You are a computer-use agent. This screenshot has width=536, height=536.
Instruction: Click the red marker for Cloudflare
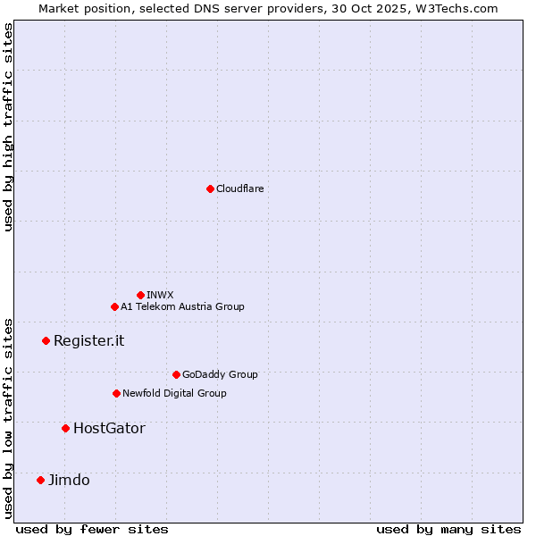pyautogui.click(x=210, y=188)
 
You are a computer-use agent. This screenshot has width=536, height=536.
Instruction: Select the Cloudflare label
pyautogui.click(x=239, y=188)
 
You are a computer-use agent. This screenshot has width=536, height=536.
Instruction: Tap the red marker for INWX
pyautogui.click(x=140, y=295)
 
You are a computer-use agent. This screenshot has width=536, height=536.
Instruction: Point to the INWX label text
pyautogui.click(x=160, y=295)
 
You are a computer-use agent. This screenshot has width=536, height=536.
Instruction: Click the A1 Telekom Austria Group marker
pyautogui.click(x=114, y=306)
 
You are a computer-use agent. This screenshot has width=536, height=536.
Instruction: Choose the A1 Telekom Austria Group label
pyautogui.click(x=182, y=306)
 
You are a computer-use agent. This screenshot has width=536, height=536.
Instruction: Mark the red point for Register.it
pyautogui.click(x=46, y=340)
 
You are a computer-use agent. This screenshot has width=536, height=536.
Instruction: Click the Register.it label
pyautogui.click(x=88, y=340)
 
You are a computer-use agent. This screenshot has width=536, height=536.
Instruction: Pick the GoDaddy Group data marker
pyautogui.click(x=176, y=374)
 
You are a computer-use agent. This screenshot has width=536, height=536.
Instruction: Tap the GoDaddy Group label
pyautogui.click(x=219, y=374)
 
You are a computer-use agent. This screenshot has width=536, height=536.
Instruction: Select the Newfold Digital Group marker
pyautogui.click(x=116, y=393)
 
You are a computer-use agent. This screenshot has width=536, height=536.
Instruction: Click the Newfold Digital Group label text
pyautogui.click(x=174, y=393)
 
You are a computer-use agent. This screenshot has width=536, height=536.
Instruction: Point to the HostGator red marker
pyautogui.click(x=65, y=428)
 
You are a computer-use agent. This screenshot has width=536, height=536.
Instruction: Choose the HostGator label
pyautogui.click(x=109, y=428)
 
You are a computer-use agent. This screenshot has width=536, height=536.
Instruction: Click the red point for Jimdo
pyautogui.click(x=40, y=480)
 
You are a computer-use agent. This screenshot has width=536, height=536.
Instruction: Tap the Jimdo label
pyautogui.click(x=69, y=480)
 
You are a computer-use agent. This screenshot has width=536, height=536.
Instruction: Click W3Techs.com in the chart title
pyautogui.click(x=459, y=8)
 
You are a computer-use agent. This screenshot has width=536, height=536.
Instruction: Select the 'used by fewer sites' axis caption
pyautogui.click(x=92, y=529)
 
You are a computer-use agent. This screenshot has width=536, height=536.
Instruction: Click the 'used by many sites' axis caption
pyautogui.click(x=448, y=529)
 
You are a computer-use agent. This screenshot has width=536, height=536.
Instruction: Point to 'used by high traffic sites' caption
pyautogui.click(x=8, y=127)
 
